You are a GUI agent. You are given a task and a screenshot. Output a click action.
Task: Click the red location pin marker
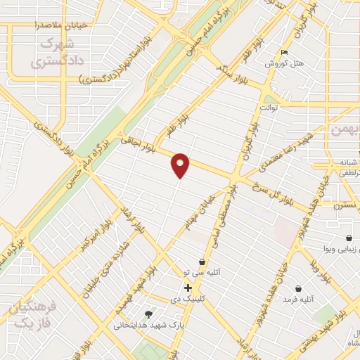[181, 165]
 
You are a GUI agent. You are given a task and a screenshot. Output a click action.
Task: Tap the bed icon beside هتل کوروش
[283, 53]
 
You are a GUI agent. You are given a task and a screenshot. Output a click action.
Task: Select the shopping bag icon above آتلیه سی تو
[202, 262]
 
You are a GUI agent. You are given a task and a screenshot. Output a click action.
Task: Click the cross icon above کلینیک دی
[188, 288]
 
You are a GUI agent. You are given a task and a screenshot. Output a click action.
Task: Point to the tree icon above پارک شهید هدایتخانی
[148, 314]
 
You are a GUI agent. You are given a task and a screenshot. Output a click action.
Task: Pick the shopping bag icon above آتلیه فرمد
[299, 288]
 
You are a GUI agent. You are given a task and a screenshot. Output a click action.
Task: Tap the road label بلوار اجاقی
[139, 144]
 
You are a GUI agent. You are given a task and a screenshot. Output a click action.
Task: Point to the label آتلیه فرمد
[297, 300]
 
